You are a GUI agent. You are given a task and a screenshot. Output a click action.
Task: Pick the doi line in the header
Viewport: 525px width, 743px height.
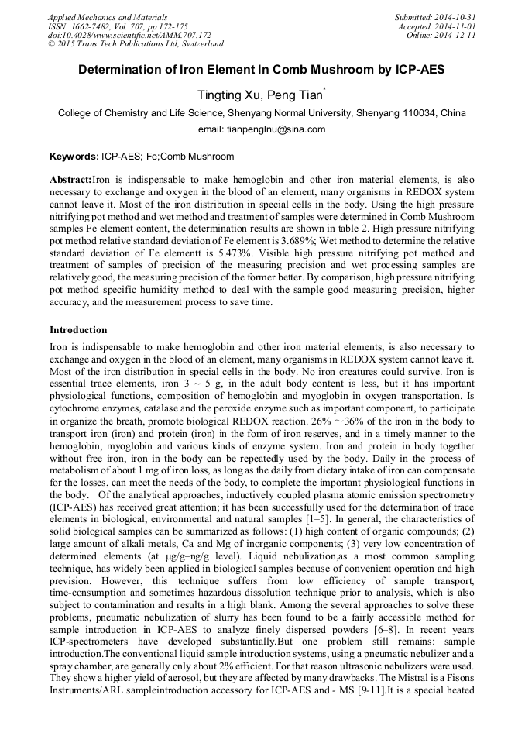tap(129, 35)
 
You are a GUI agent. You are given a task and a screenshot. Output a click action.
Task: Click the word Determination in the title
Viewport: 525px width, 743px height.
tap(124, 69)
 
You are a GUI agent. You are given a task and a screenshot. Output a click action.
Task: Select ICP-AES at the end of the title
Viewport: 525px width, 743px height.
tap(418, 69)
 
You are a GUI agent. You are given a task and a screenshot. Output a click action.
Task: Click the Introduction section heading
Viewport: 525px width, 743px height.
tap(78, 329)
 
